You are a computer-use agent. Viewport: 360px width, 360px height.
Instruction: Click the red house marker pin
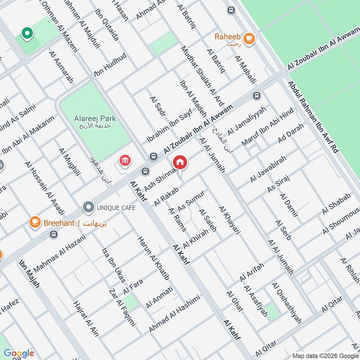coord(180,162)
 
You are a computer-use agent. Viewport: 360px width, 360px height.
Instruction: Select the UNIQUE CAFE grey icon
coord(88,207)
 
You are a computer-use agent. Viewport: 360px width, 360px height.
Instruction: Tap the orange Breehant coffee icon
coord(35,222)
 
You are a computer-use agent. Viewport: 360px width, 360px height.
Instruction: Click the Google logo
coord(18,353)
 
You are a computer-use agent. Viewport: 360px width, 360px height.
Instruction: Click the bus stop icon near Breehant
coord(54,234)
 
